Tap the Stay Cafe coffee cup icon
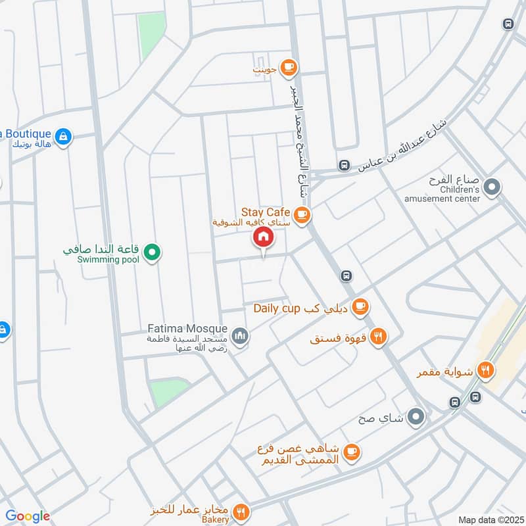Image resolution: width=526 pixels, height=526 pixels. pyautogui.click(x=302, y=214)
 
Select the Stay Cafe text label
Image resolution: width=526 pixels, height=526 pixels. pyautogui.click(x=266, y=212)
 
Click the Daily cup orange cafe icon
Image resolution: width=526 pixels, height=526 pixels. pyautogui.click(x=359, y=306)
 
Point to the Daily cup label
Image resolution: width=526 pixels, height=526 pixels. pyautogui.click(x=277, y=308)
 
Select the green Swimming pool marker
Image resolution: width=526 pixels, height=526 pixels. pyautogui.click(x=153, y=252)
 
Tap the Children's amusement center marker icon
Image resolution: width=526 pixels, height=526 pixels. pyautogui.click(x=491, y=189)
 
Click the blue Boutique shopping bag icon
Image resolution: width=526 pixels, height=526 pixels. pyautogui.click(x=63, y=137)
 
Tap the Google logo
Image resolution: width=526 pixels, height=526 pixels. pyautogui.click(x=28, y=516)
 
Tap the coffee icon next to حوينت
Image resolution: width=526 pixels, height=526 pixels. pyautogui.click(x=288, y=67)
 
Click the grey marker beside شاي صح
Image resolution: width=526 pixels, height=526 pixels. pyautogui.click(x=416, y=417)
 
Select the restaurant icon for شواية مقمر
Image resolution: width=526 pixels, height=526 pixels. pyautogui.click(x=486, y=370)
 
